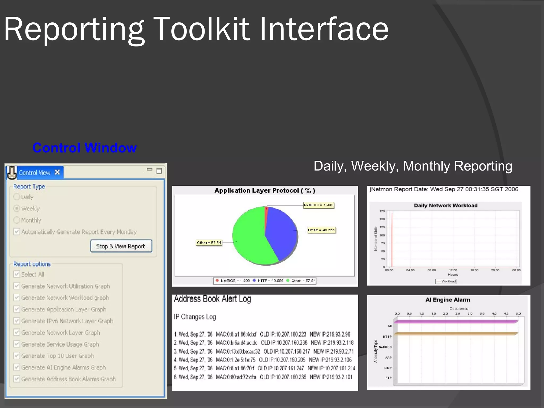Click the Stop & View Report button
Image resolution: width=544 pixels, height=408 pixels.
click(121, 246)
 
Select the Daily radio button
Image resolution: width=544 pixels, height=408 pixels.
click(17, 197)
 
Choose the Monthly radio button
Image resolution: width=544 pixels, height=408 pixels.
click(17, 220)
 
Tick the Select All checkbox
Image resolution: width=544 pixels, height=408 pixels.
click(17, 274)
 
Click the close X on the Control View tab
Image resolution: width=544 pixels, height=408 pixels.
click(57, 172)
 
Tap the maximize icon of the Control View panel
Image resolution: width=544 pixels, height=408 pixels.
click(159, 171)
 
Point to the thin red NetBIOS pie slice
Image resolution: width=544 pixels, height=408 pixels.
click(266, 212)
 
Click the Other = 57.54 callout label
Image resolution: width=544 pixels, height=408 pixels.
click(209, 243)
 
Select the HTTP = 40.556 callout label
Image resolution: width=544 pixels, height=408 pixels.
click(321, 230)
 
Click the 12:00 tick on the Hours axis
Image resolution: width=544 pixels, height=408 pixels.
click(453, 270)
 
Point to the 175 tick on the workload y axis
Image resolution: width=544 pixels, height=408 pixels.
click(382, 211)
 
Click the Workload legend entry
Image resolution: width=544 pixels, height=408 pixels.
click(446, 281)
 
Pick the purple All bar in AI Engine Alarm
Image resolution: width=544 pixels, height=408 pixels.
click(456, 321)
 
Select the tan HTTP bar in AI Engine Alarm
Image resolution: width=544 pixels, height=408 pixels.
click(456, 333)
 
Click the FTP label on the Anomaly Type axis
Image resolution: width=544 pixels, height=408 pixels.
click(388, 378)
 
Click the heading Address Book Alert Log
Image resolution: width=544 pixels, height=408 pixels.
click(212, 299)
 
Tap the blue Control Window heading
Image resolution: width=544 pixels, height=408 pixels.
click(84, 148)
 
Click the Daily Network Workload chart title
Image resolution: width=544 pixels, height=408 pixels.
click(445, 205)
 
